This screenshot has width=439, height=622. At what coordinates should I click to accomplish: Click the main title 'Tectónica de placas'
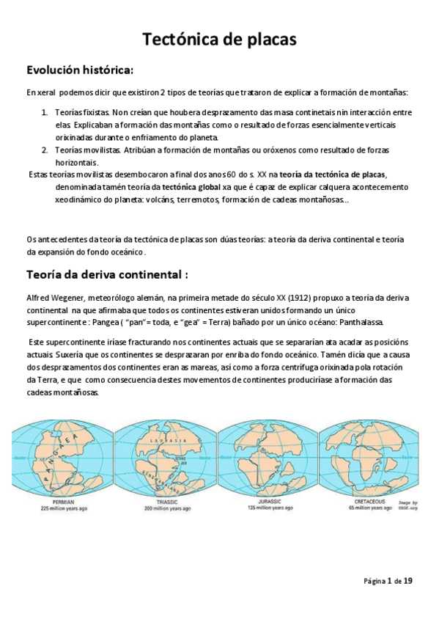[x=218, y=39]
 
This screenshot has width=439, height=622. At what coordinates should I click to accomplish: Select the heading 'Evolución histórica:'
[x=80, y=70]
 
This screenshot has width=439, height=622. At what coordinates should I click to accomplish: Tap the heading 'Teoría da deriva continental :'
[x=108, y=274]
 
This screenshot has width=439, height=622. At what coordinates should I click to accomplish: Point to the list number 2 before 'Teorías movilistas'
[x=45, y=150]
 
